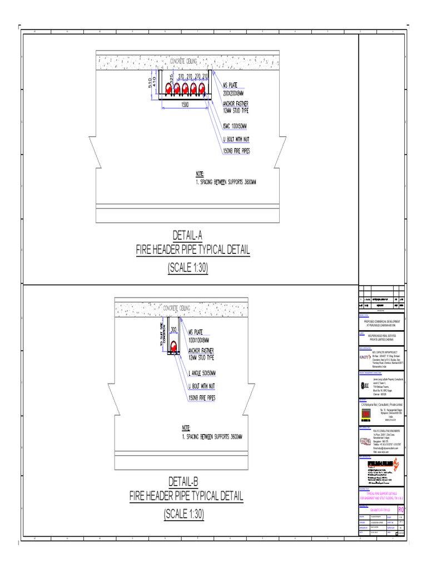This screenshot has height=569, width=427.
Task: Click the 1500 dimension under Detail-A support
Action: coord(185,103)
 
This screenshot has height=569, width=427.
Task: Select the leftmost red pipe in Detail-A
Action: coord(166,88)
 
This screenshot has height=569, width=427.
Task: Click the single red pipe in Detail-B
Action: coord(173,347)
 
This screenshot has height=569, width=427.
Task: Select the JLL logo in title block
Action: coord(365,386)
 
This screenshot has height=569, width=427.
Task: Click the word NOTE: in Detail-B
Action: coord(186,428)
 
